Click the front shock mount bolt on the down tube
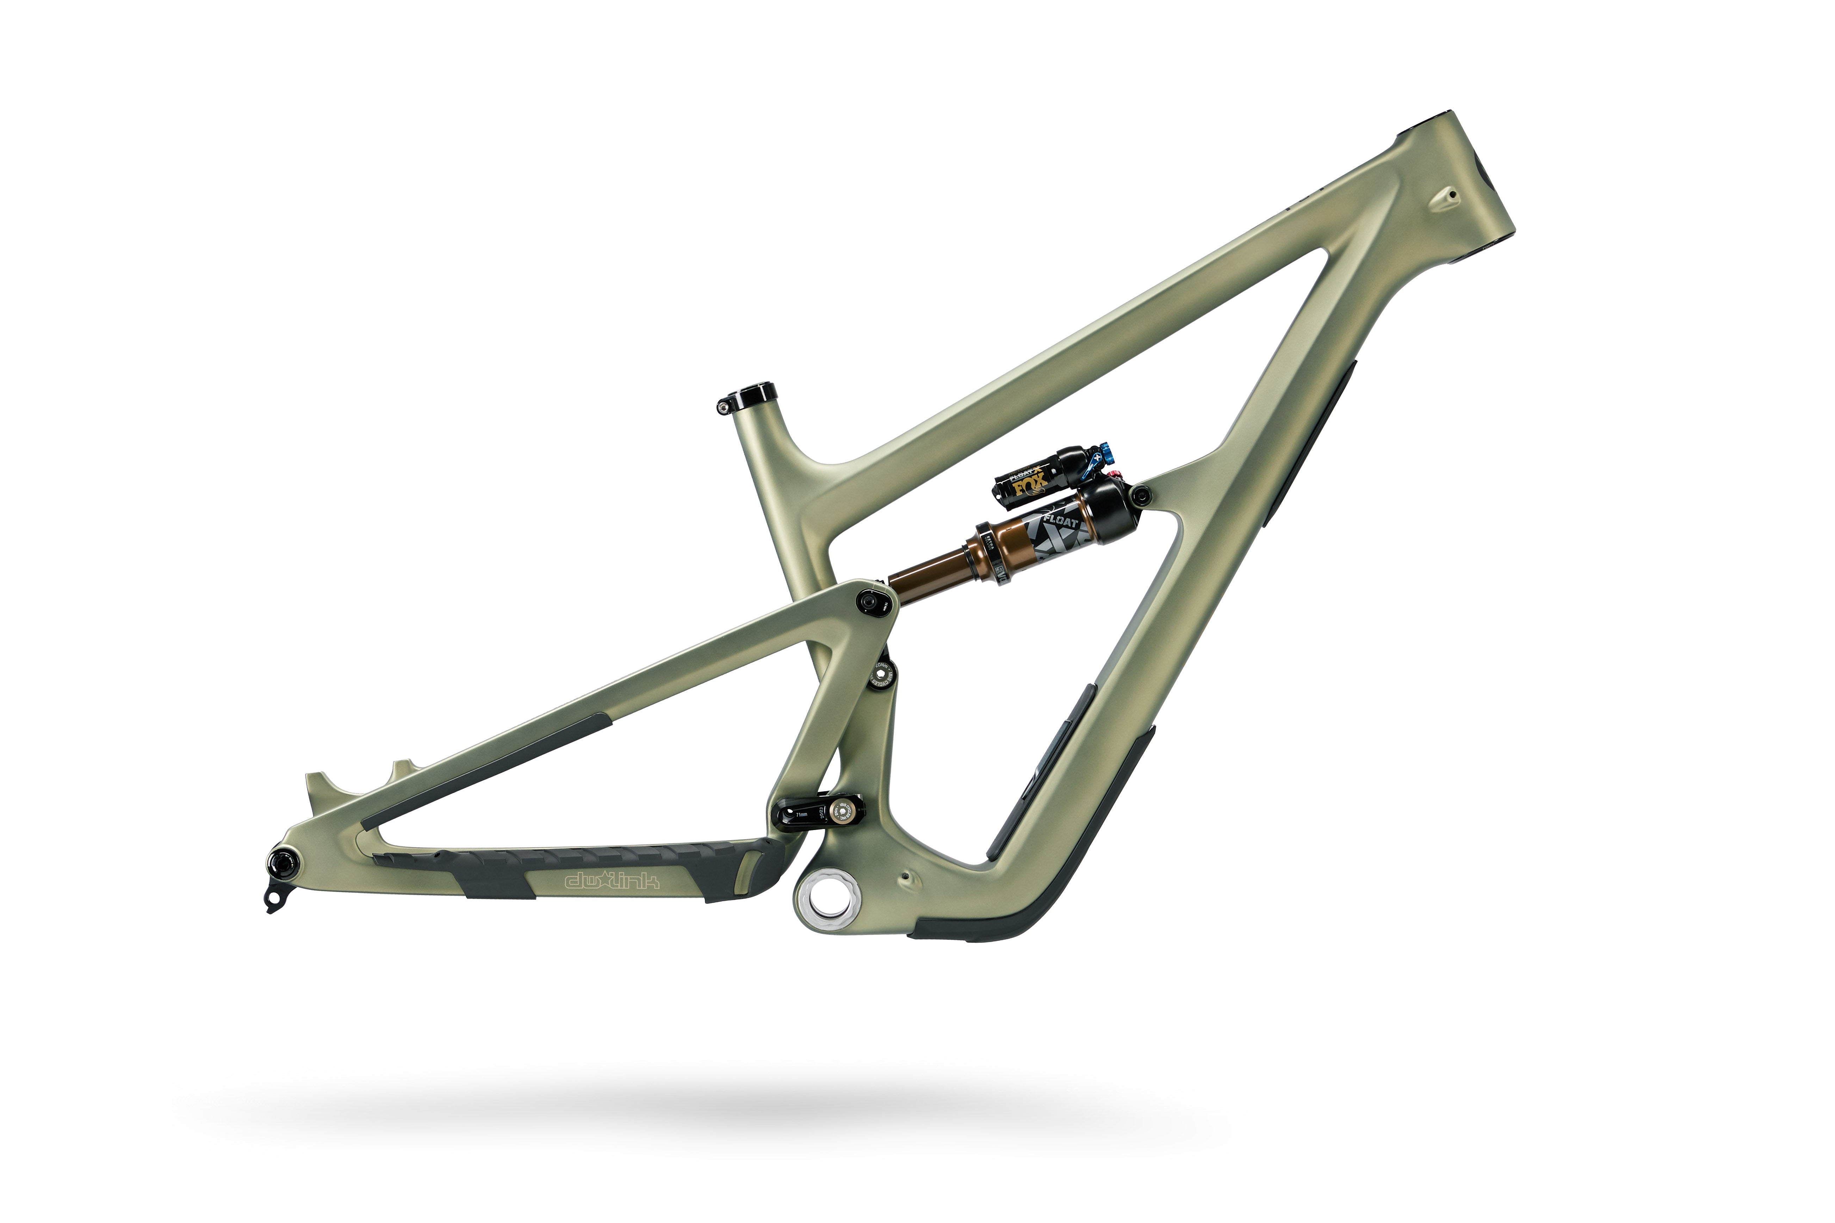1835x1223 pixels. [x=1141, y=493]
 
